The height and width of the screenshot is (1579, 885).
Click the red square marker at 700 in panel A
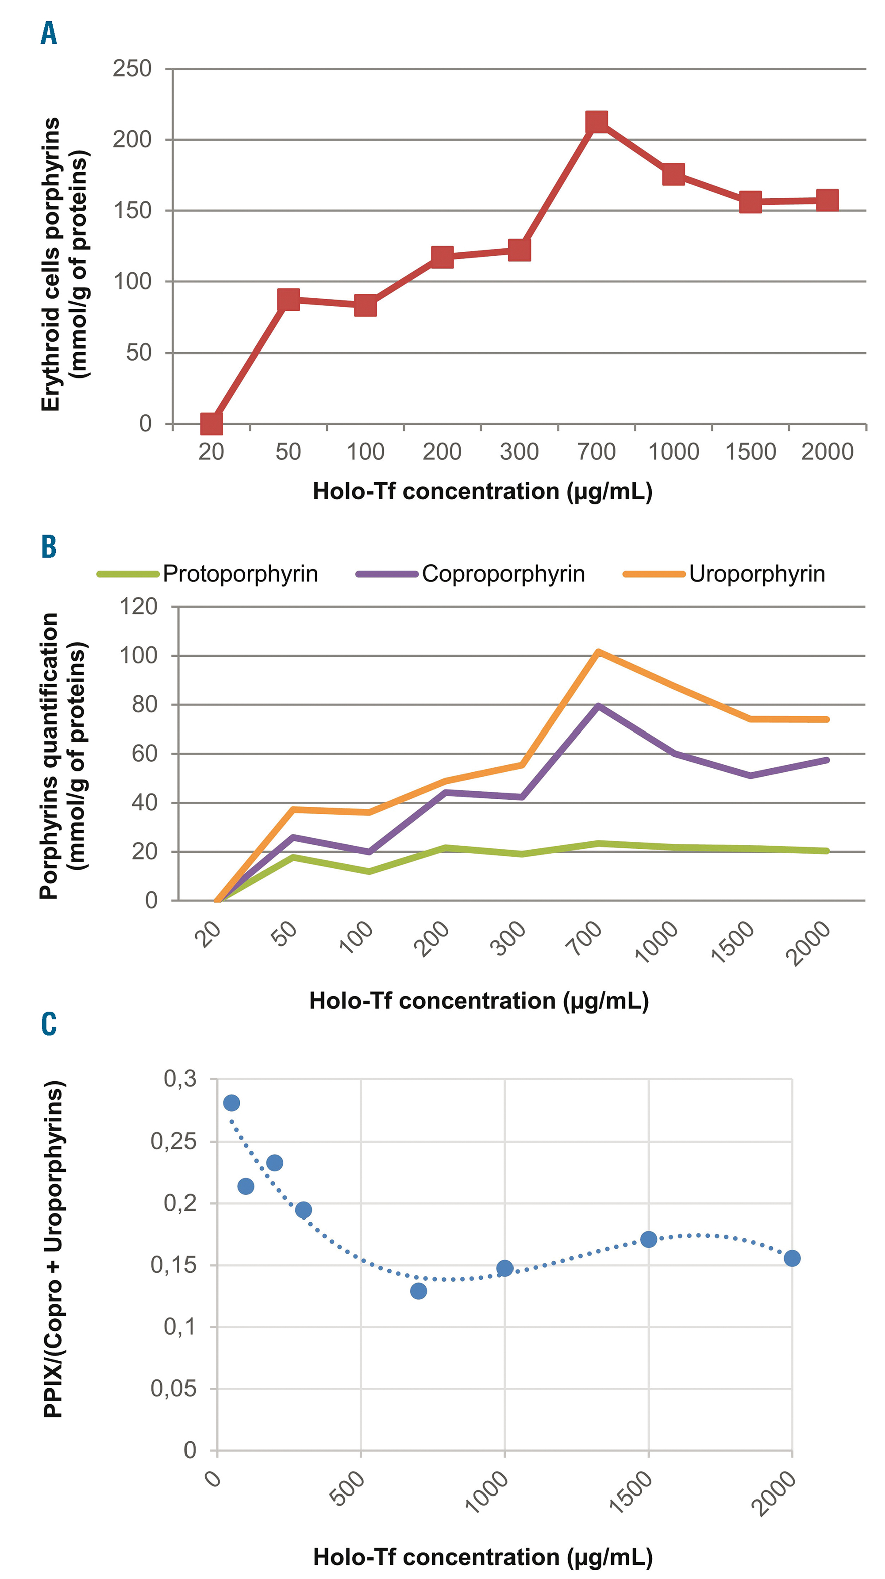[596, 122]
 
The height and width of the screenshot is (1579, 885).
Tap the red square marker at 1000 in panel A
[673, 175]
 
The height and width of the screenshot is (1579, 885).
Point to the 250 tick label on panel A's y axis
[132, 69]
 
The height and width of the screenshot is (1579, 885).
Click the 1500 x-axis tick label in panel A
[750, 452]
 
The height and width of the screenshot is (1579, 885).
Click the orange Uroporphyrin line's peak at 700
[598, 652]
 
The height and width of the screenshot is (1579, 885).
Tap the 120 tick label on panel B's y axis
[138, 607]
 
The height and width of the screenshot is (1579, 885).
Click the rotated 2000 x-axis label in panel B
[808, 944]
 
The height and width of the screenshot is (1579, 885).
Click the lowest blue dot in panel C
[419, 1291]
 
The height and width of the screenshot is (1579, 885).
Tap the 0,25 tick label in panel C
[173, 1141]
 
